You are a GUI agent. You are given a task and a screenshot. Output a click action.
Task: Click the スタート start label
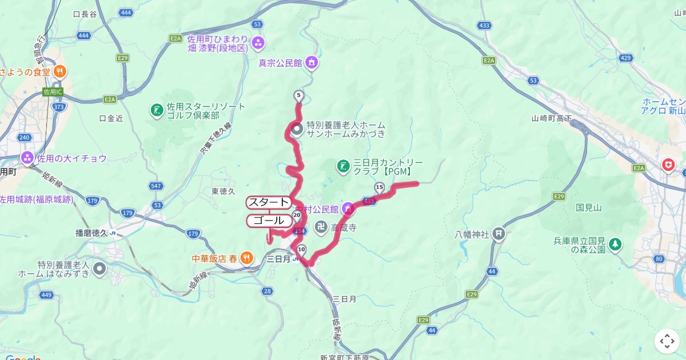(x=269, y=202)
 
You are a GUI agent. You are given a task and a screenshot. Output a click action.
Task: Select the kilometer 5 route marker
(x=298, y=95)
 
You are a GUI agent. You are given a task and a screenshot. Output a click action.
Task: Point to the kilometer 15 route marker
(x=379, y=187)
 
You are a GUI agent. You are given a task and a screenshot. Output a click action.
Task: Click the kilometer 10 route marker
(x=301, y=249)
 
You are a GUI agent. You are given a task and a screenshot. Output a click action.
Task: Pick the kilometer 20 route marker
(x=297, y=215)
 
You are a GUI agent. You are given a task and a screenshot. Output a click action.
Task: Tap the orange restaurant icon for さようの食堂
(x=60, y=72)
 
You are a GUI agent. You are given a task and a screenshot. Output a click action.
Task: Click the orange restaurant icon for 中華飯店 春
(x=246, y=258)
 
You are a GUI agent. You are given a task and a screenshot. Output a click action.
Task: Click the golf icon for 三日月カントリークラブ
(x=343, y=166)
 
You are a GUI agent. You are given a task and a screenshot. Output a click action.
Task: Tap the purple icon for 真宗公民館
(x=312, y=62)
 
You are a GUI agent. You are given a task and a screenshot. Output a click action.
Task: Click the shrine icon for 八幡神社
(x=500, y=234)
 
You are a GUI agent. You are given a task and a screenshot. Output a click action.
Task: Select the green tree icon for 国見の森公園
(x=615, y=245)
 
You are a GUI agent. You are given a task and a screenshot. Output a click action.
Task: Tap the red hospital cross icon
(x=668, y=165)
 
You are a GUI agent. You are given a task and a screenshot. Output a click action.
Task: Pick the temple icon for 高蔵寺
(x=321, y=227)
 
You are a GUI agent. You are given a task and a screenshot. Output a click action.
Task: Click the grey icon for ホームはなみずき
(x=100, y=268)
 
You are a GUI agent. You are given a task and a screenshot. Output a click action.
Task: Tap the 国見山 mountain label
(x=589, y=207)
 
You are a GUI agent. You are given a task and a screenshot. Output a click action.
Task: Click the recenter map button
(x=667, y=341)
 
